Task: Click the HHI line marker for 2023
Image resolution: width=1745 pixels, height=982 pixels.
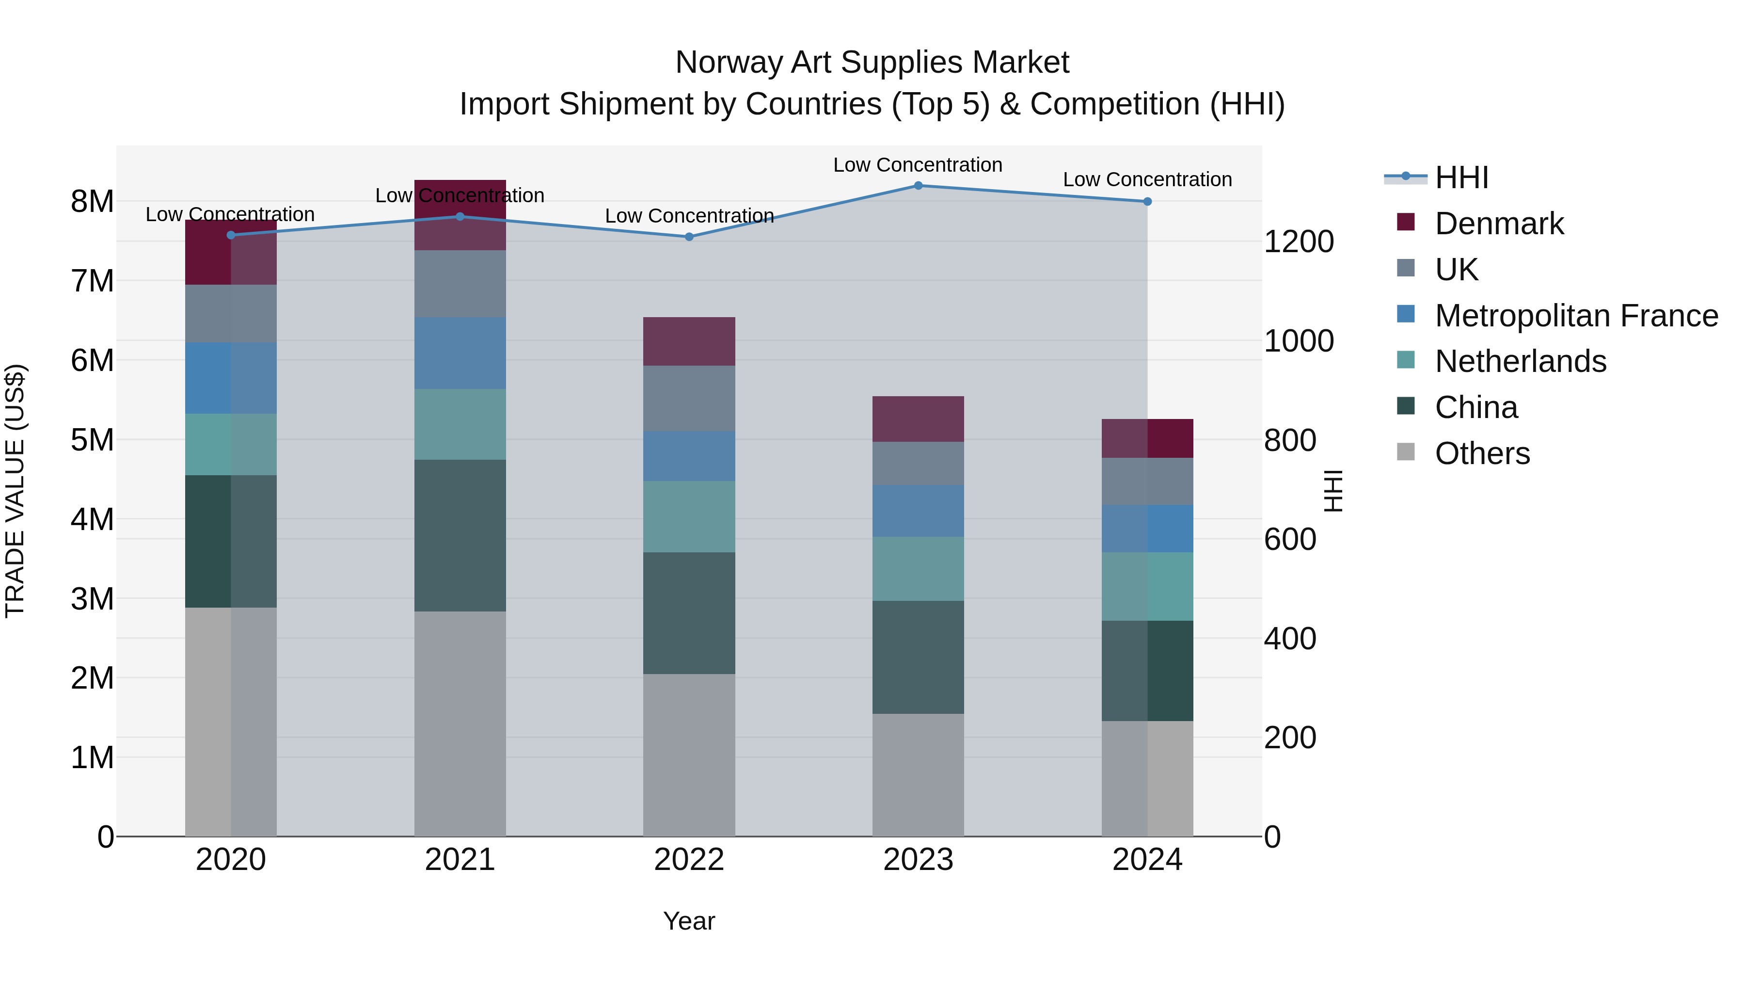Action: [918, 185]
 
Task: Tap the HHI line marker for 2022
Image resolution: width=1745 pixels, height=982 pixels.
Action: [689, 237]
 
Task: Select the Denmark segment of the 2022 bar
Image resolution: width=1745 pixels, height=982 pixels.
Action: [689, 341]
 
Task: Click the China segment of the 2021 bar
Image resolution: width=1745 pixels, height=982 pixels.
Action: [460, 535]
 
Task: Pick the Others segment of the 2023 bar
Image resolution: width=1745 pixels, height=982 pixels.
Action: [918, 774]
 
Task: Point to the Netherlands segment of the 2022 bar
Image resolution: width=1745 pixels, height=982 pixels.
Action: [689, 516]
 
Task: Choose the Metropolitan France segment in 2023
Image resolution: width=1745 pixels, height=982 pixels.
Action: [918, 511]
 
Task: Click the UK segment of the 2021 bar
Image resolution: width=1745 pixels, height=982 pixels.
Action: [460, 284]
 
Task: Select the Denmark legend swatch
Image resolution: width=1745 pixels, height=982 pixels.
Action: [1406, 222]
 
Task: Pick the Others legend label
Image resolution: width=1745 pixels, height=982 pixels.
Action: [1482, 453]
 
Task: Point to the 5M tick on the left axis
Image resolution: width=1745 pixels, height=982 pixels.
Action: [92, 440]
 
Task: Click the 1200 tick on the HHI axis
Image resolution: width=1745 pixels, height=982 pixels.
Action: [1299, 242]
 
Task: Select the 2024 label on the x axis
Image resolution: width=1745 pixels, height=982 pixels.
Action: [1147, 860]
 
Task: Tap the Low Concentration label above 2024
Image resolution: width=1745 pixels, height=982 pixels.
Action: [1147, 179]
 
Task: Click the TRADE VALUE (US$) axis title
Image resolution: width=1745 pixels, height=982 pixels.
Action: [15, 491]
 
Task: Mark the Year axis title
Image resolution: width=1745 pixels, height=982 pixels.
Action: [689, 921]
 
